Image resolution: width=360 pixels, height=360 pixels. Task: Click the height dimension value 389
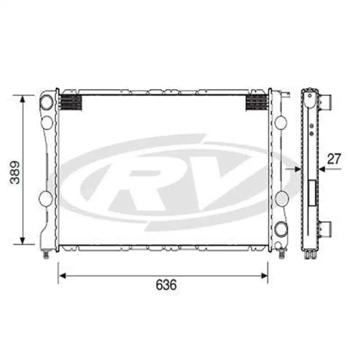pyautogui.click(x=15, y=172)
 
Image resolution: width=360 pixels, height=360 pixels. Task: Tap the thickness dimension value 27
pyautogui.click(x=334, y=159)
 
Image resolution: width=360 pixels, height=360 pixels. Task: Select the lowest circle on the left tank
pyautogui.click(x=46, y=198)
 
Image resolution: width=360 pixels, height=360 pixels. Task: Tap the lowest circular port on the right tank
pyautogui.click(x=281, y=229)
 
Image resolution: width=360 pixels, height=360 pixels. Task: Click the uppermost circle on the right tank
pyautogui.click(x=281, y=123)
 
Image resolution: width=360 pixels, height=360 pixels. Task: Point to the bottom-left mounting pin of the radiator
pyautogui.click(x=46, y=254)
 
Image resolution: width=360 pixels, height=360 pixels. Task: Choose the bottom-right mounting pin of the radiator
pyautogui.click(x=281, y=254)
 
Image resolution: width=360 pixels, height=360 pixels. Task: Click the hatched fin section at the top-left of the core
pyautogui.click(x=71, y=103)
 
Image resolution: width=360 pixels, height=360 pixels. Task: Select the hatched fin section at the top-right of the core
pyautogui.click(x=257, y=103)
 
